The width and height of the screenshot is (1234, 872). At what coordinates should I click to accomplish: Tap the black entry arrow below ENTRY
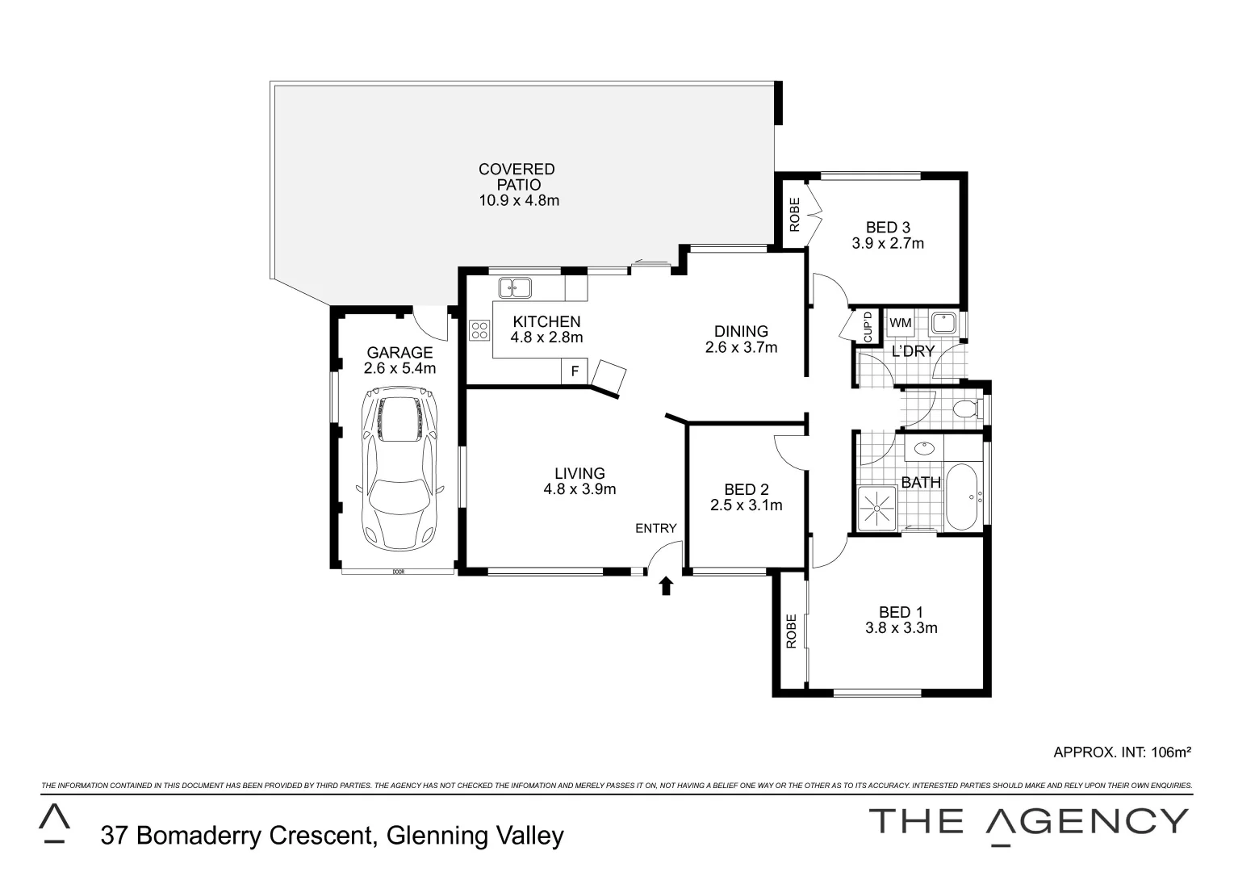[x=666, y=585]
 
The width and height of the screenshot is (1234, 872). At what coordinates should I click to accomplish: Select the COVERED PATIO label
[x=517, y=177]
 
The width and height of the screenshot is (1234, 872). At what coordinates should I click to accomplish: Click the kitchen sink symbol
[x=513, y=287]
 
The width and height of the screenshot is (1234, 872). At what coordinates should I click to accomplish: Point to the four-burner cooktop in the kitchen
[x=479, y=330]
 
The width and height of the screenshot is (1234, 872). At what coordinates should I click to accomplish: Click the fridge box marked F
[x=574, y=371]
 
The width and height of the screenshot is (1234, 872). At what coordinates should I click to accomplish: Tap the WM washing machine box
[x=900, y=323]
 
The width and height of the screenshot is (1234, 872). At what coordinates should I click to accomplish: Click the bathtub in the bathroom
[x=962, y=497]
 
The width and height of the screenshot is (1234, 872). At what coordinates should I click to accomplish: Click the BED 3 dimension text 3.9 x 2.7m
[x=888, y=243]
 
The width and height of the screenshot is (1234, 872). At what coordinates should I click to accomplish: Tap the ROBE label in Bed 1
[x=792, y=631]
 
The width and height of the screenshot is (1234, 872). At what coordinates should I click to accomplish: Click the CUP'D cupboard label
[x=868, y=326]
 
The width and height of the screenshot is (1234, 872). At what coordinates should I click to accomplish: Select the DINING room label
[x=741, y=331]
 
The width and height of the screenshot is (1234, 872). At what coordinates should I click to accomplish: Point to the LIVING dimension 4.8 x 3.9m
[x=579, y=489]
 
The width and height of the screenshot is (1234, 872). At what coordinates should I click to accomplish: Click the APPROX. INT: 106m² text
[x=1122, y=753]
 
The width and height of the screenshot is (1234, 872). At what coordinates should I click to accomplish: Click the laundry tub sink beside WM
[x=942, y=324]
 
